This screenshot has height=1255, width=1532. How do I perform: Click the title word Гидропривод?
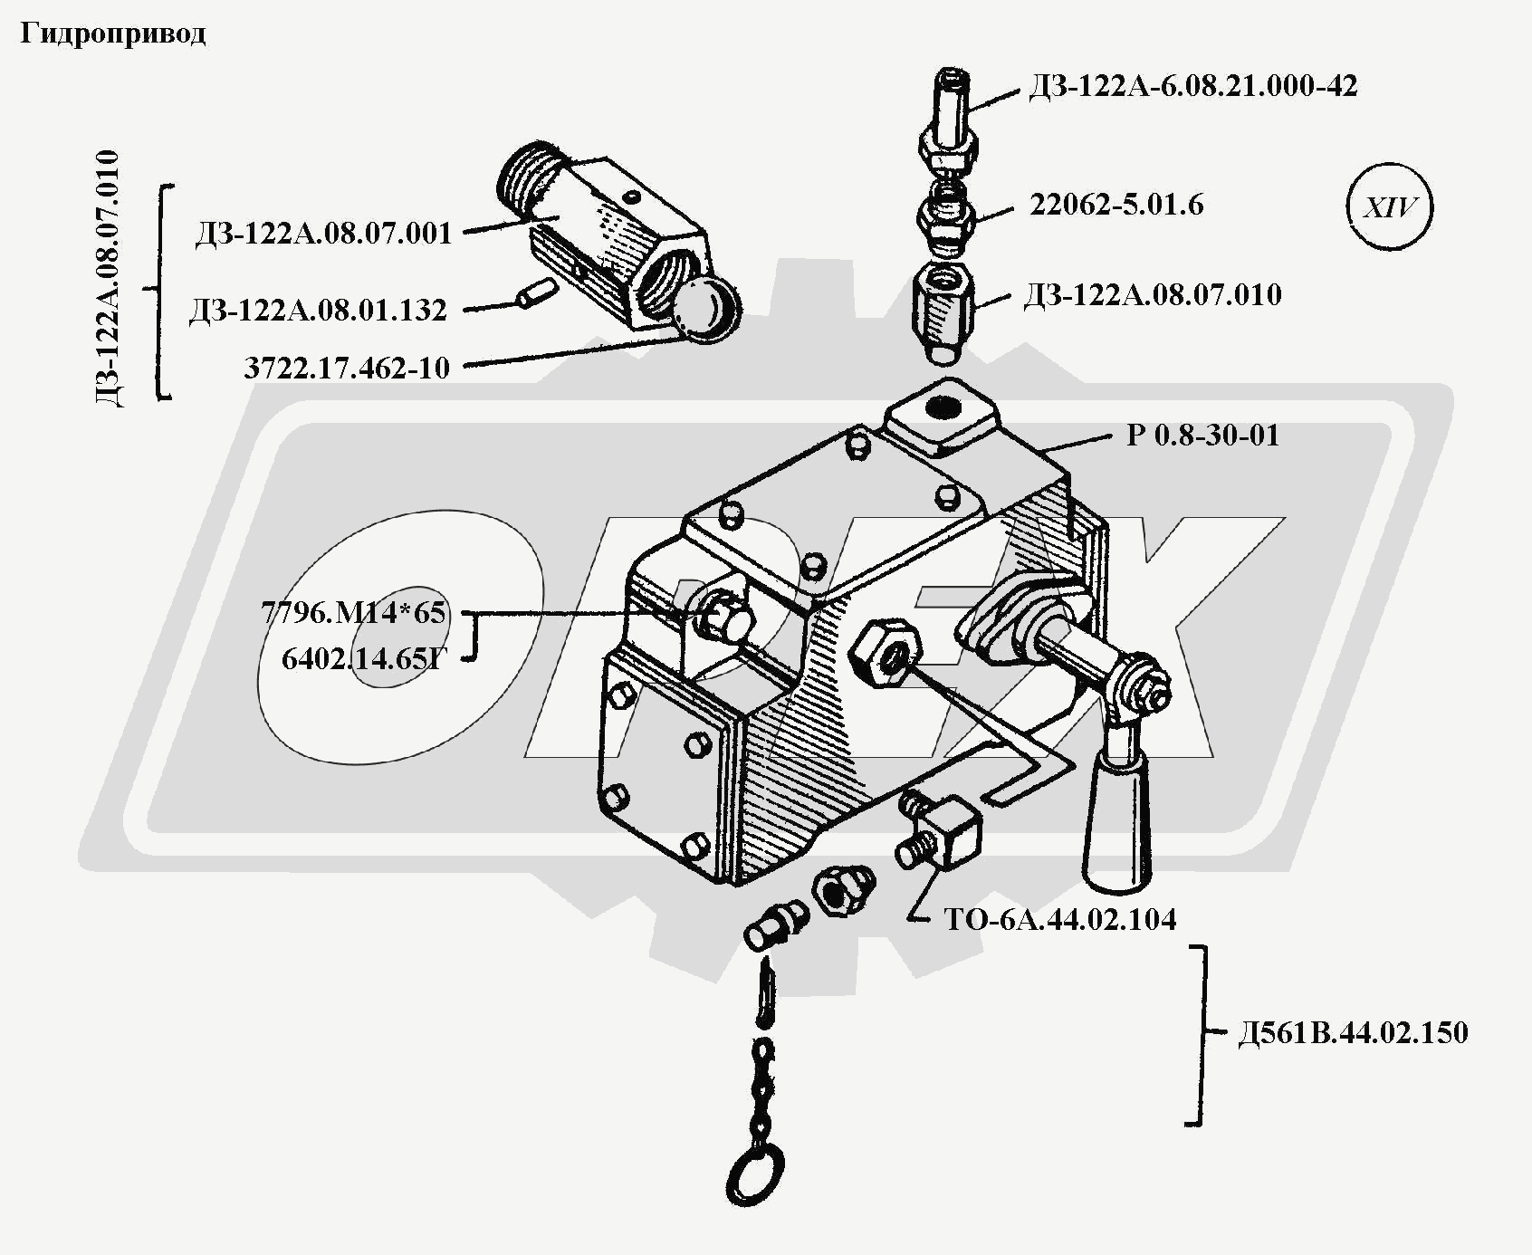(x=113, y=34)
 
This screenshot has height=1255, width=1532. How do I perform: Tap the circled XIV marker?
(x=1389, y=207)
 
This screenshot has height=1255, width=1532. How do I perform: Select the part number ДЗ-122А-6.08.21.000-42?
(x=1192, y=86)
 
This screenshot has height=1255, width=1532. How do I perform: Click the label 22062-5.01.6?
(x=1116, y=205)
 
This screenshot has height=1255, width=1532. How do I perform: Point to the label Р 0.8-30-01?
(x=1202, y=436)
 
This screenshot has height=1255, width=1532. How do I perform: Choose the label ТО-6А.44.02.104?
(x=1060, y=920)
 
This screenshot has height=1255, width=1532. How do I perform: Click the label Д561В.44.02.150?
(x=1353, y=1033)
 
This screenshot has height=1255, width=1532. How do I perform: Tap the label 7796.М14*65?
(x=353, y=613)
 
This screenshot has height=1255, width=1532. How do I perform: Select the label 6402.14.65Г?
(x=365, y=658)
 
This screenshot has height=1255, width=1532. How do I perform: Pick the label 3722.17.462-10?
(x=347, y=368)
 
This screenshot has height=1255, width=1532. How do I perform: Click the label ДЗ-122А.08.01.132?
(x=318, y=311)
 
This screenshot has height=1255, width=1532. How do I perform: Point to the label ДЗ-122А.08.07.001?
(x=323, y=234)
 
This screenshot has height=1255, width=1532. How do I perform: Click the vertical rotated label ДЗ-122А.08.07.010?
(x=108, y=279)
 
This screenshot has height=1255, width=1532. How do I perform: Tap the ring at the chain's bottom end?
(x=753, y=1178)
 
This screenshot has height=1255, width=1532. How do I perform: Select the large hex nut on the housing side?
(x=886, y=651)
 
